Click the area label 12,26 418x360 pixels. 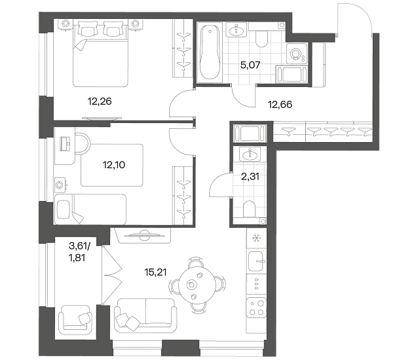pos(100,101)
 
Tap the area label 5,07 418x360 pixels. pos(250,65)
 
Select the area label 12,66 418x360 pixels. pos(280,105)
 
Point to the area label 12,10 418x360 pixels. pos(114,165)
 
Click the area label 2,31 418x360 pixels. pos(250,177)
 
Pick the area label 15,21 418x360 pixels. pos(155,272)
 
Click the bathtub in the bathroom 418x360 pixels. pos(210,52)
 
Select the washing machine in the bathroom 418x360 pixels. pos(297,54)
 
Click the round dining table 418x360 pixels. pos(197,284)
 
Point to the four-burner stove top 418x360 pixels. pos(256,308)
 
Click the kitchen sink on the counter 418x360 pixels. pos(256,261)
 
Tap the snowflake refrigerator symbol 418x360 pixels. pos(256,238)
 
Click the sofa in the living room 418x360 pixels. pos(145,315)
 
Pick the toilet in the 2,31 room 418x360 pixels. pos(249,209)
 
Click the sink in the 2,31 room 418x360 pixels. pos(250,154)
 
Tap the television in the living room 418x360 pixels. pos(144,234)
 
